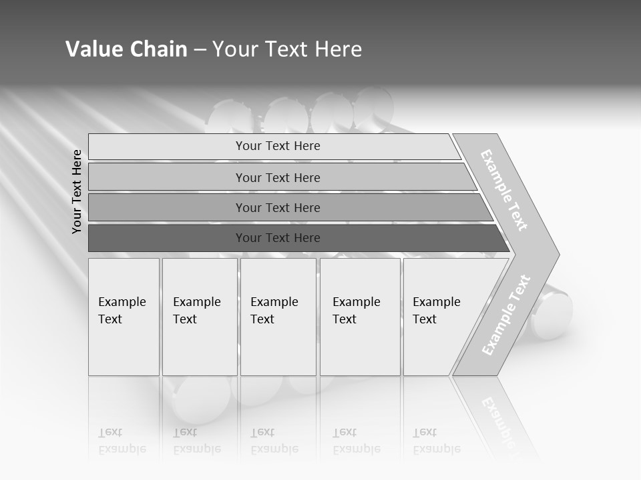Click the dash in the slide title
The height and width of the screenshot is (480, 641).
click(x=200, y=50)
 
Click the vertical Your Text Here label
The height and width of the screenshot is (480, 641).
click(x=77, y=191)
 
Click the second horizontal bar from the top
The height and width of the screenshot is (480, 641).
click(x=278, y=177)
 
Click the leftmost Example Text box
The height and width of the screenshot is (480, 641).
click(x=124, y=317)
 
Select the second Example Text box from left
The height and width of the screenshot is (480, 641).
click(x=199, y=317)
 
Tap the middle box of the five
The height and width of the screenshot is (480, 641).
click(x=278, y=317)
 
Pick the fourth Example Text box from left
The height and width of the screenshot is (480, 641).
click(x=359, y=317)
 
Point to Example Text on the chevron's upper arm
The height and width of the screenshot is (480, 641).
click(x=504, y=190)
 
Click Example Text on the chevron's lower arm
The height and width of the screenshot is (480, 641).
click(x=505, y=315)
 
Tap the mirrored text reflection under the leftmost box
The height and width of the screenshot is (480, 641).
click(x=122, y=441)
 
